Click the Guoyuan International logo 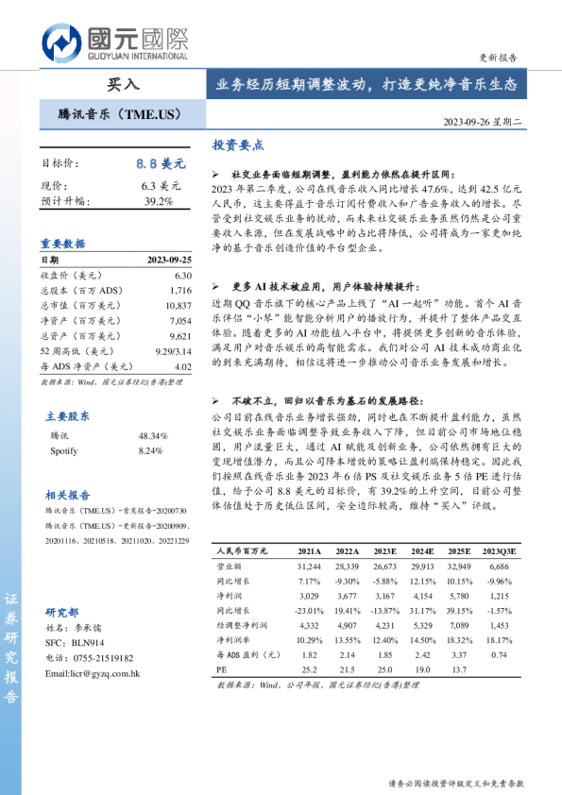coord(114,43)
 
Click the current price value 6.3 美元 coord(162,187)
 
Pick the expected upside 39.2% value coord(159,201)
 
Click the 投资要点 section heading coord(237,146)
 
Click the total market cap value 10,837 coord(177,306)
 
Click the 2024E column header coord(422,550)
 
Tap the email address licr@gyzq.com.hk coord(93,674)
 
